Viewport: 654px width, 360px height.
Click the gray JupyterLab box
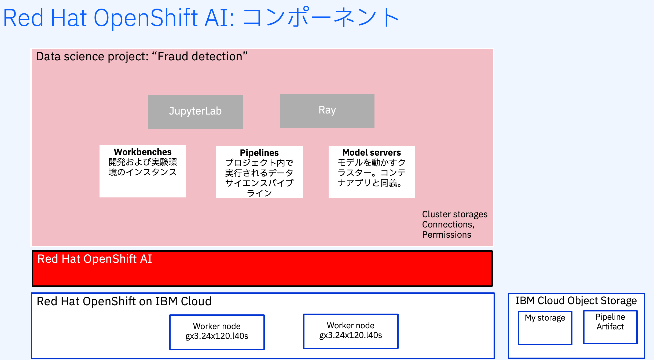pyautogui.click(x=195, y=112)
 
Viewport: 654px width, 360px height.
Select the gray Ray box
pyautogui.click(x=327, y=111)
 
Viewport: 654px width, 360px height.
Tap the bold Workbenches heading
pyautogui.click(x=142, y=152)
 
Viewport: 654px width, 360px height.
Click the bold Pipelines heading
pyautogui.click(x=259, y=153)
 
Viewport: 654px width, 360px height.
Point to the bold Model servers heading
pyautogui.click(x=372, y=153)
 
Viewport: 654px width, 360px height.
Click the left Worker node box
pyautogui.click(x=217, y=332)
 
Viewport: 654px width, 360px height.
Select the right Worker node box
pyautogui.click(x=350, y=331)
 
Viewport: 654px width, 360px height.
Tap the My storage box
pyautogui.click(x=545, y=328)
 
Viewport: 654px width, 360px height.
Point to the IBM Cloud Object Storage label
pyautogui.click(x=576, y=301)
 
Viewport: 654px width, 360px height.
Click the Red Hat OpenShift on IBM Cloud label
pyautogui.click(x=124, y=301)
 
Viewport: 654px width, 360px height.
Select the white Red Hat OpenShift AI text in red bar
pyautogui.click(x=95, y=259)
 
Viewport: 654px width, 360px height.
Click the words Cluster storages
pyautogui.click(x=454, y=214)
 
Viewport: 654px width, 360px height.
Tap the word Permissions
pyautogui.click(x=446, y=235)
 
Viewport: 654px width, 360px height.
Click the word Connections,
pyautogui.click(x=448, y=225)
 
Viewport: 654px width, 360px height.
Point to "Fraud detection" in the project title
pyautogui.click(x=200, y=57)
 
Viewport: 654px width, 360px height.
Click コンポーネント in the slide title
pyautogui.click(x=321, y=18)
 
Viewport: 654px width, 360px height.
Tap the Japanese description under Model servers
pyautogui.click(x=372, y=173)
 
